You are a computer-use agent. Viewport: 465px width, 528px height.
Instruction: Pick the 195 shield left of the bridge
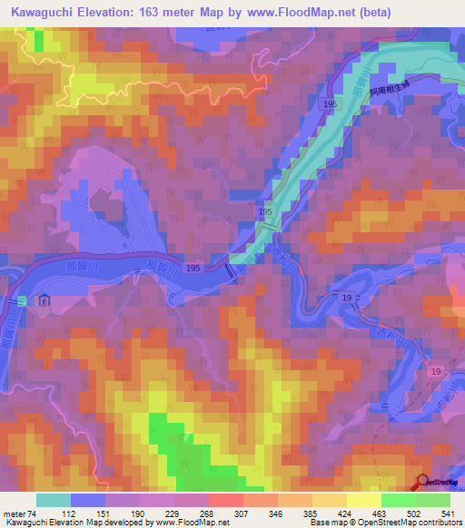click(193, 269)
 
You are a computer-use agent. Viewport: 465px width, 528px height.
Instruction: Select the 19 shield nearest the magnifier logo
click(437, 372)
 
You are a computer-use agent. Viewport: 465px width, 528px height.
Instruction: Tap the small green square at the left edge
click(22, 300)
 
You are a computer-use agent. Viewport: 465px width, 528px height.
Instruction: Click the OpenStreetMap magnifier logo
click(422, 482)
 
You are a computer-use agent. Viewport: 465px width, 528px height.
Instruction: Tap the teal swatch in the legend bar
click(53, 500)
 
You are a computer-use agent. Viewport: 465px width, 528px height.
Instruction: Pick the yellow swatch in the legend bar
click(362, 500)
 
